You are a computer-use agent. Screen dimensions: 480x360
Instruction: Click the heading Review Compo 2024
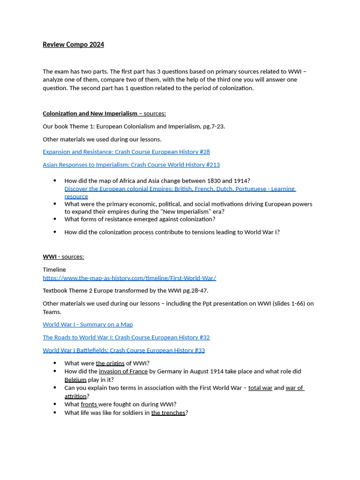[73, 45]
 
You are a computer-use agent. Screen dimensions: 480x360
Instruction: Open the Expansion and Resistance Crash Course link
[126, 152]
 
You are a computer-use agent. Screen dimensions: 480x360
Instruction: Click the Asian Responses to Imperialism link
[131, 165]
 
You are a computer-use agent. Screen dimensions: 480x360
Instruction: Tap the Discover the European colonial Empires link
[180, 189]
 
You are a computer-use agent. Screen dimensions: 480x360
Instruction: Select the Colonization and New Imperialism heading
[90, 113]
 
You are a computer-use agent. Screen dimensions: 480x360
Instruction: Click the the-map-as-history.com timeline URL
[129, 278]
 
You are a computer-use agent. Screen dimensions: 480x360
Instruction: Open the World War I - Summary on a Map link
[88, 324]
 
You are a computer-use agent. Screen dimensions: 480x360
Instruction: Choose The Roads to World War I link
[126, 337]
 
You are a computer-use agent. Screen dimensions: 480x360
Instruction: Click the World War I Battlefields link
[124, 350]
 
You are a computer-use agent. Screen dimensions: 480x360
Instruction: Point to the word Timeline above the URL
[54, 270]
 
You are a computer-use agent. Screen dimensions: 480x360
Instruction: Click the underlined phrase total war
[260, 388]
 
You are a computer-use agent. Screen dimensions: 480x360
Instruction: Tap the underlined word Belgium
[75, 380]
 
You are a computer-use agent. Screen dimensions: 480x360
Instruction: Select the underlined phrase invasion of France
[123, 371]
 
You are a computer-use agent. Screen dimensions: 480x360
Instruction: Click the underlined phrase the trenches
[168, 413]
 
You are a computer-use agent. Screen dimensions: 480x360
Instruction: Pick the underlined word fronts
[89, 405]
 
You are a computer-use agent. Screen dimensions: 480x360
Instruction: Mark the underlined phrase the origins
[110, 363]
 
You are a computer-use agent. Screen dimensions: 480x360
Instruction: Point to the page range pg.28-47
[195, 291]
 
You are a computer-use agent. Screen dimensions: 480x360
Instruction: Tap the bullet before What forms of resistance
[55, 219]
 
